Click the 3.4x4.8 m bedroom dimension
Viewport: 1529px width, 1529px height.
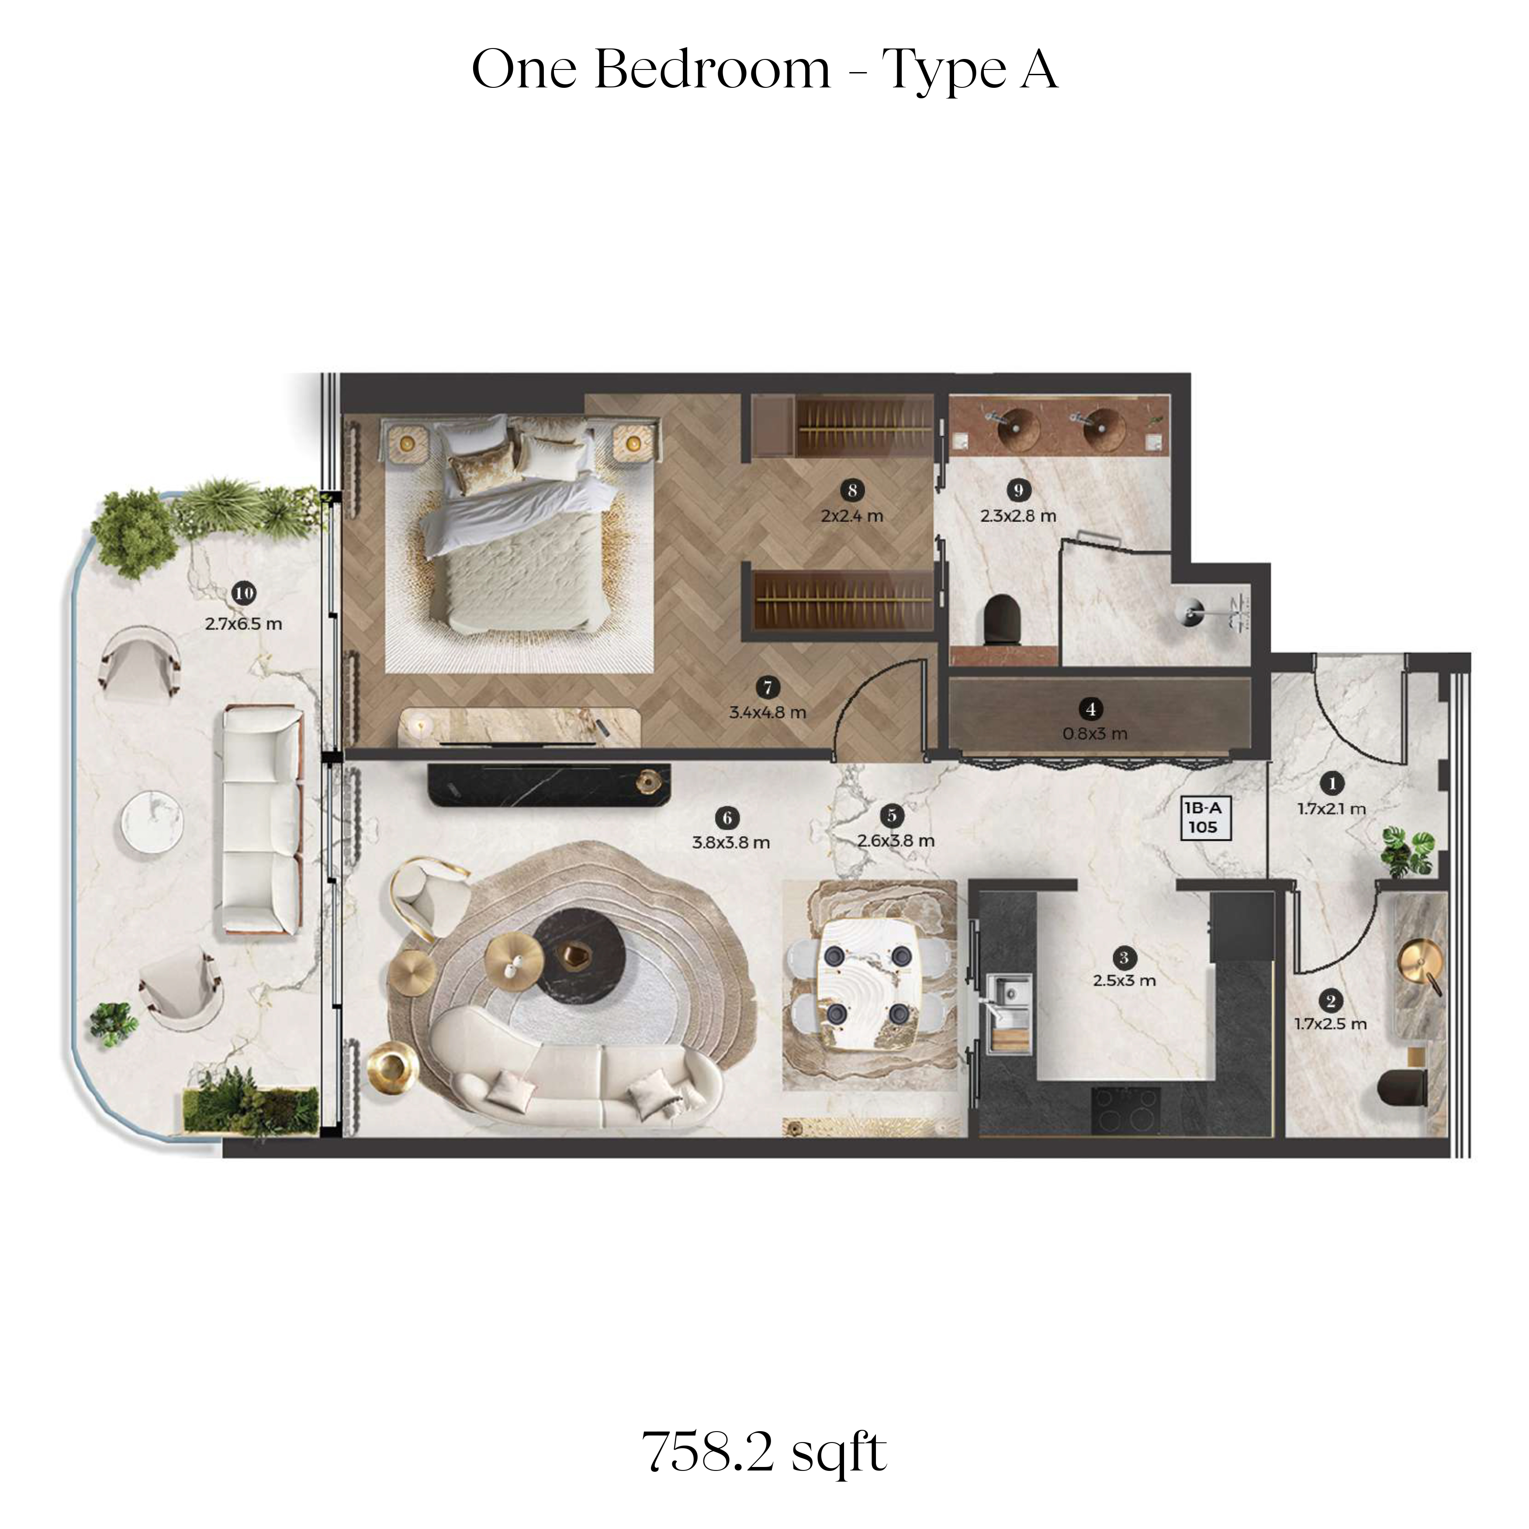point(768,712)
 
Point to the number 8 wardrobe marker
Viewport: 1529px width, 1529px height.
point(852,491)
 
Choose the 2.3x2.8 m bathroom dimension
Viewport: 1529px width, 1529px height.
point(1019,516)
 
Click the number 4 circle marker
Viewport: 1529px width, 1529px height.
point(1091,709)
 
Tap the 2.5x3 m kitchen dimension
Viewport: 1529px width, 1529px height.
point(1124,981)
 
